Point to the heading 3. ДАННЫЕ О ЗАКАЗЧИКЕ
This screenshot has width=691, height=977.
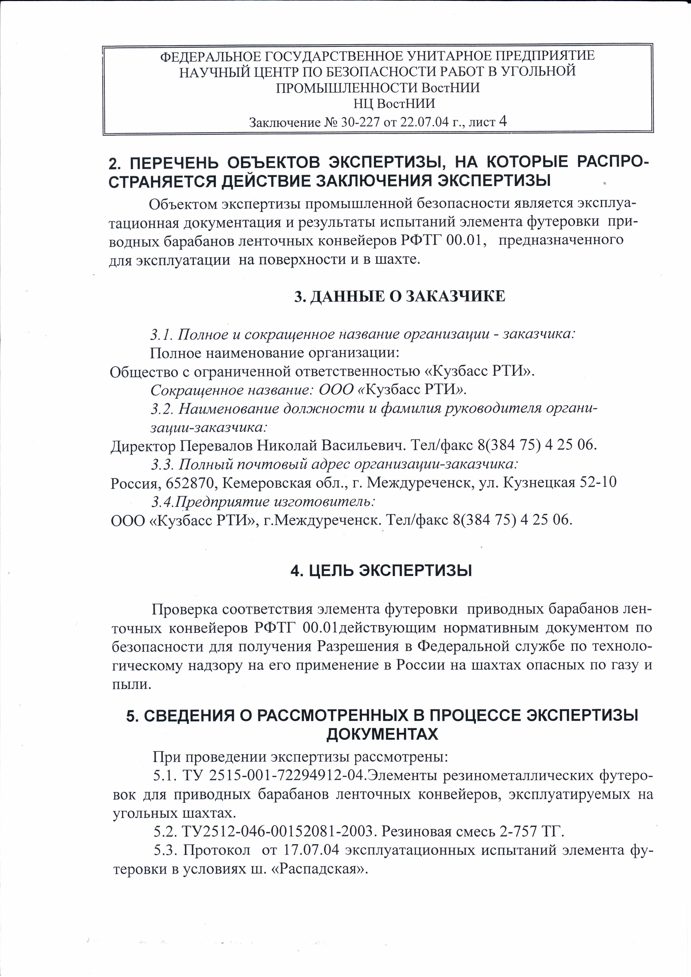[400, 297]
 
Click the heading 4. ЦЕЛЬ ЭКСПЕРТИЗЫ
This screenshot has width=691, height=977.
[381, 571]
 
